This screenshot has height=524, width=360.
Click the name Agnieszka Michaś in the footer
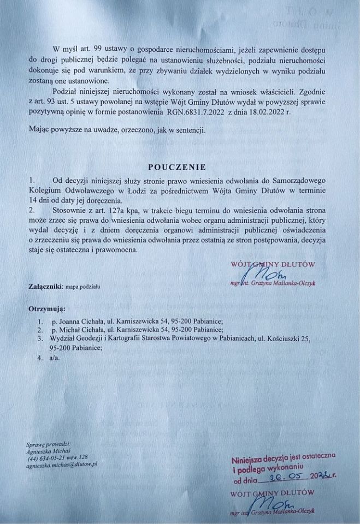[x=48, y=451]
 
